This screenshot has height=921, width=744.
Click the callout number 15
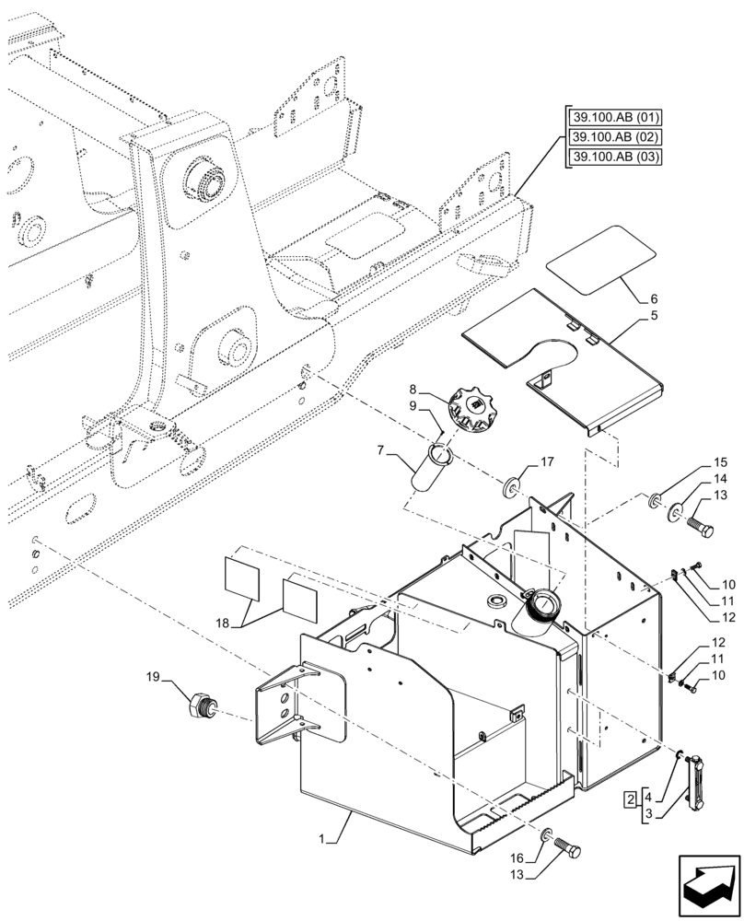720,463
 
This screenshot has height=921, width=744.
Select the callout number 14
720,480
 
